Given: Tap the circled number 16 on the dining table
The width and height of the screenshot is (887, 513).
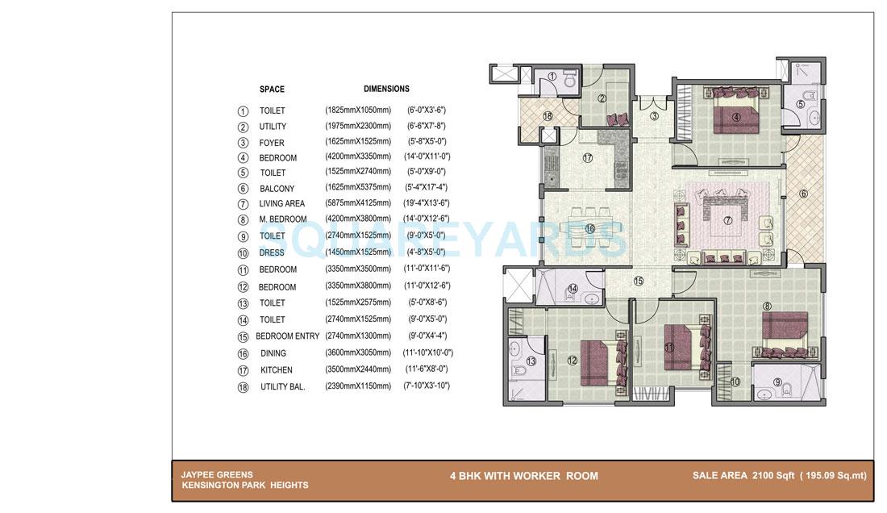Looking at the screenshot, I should coord(589,229).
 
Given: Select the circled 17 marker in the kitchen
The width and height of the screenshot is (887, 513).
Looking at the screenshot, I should coord(588,158).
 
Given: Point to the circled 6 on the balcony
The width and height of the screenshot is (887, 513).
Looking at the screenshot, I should coord(803,194).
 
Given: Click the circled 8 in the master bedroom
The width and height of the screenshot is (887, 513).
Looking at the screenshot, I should coord(767,306).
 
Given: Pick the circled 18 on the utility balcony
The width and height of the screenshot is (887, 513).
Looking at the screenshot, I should coord(548,116).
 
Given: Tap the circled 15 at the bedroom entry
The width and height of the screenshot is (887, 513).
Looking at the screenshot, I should coord(638,282).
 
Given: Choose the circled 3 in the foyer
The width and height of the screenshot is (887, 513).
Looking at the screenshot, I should coord(655,116).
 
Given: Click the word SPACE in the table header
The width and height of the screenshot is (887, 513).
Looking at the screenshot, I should coord(272,90).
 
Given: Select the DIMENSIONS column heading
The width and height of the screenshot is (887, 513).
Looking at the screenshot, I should coord(386,89).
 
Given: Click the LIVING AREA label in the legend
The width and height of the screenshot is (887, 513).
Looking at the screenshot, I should coord(282,204).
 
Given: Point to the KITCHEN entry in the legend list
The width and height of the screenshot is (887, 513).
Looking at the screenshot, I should coord(277,370).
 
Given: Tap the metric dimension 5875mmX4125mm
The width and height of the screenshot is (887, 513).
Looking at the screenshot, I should coord(358,204).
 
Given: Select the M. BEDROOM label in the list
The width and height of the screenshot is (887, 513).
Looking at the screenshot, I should coord(283,219).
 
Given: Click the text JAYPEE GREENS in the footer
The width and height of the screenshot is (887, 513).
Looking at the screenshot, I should coord(217,475).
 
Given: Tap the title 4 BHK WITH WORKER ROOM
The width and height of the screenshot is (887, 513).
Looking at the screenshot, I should coord(524,476).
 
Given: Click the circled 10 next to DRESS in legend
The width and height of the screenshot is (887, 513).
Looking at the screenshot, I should coord(243,253).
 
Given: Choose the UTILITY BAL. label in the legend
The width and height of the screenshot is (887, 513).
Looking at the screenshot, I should coord(282,387).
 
